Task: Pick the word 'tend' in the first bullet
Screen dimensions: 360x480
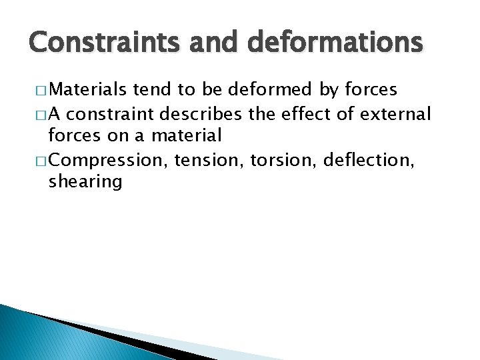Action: [x=150, y=91]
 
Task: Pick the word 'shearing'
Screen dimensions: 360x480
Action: [x=85, y=182]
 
